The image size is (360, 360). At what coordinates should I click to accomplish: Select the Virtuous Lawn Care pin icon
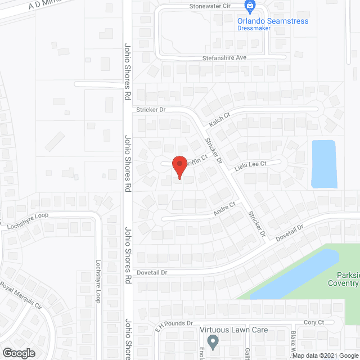click(x=213, y=341)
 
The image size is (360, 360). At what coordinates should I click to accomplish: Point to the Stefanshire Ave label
click(x=225, y=58)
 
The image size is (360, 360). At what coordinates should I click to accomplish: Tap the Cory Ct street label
click(x=313, y=322)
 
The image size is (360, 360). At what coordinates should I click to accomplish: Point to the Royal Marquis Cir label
click(x=21, y=296)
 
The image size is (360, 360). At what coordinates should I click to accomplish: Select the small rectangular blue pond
click(x=324, y=164)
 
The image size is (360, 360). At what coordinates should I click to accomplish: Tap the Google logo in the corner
click(x=18, y=353)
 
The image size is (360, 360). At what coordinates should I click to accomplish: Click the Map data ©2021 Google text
click(x=328, y=355)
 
